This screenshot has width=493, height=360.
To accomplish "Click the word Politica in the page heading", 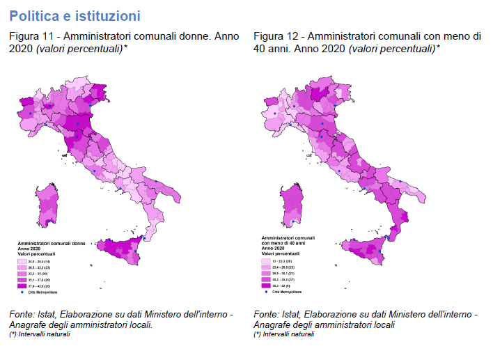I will tap(33, 15).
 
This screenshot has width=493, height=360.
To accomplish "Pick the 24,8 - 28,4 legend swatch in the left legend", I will tap(22, 261).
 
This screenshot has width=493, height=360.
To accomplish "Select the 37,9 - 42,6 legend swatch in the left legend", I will tap(22, 286).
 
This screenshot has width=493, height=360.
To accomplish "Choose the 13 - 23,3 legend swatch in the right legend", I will tap(267, 260).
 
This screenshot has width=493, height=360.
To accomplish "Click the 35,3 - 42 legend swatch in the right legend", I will tap(267, 285).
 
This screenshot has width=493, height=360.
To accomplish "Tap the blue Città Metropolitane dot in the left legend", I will tap(22, 292).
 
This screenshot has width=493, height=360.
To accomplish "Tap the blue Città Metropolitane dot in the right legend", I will tap(267, 292).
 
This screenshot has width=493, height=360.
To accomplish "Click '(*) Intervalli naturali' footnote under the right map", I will tap(284, 335).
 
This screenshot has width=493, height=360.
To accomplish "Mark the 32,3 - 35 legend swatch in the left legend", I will tap(22, 274).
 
